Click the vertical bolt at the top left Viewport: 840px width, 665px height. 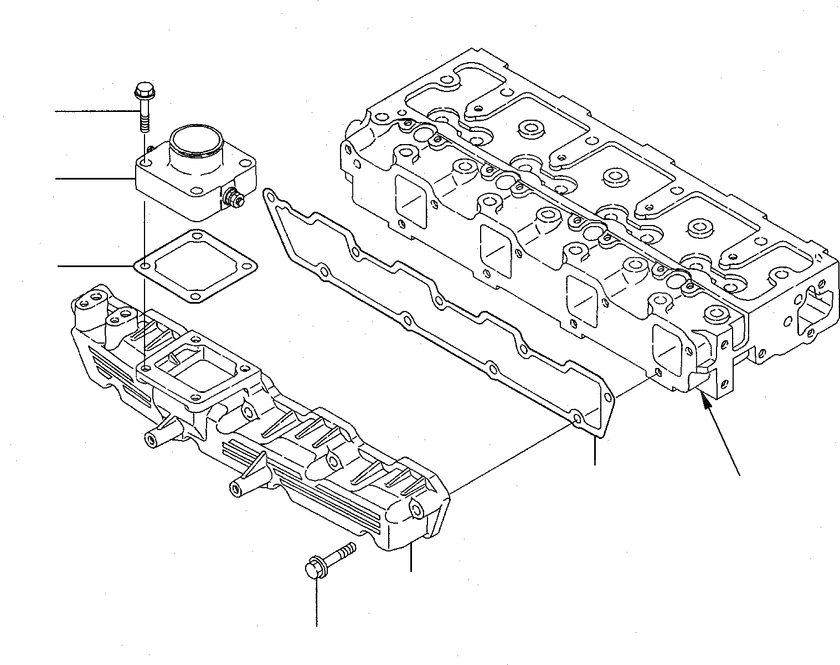click(142, 106)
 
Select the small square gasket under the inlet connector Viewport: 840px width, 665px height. click(195, 268)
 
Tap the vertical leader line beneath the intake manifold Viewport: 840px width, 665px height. click(411, 557)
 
